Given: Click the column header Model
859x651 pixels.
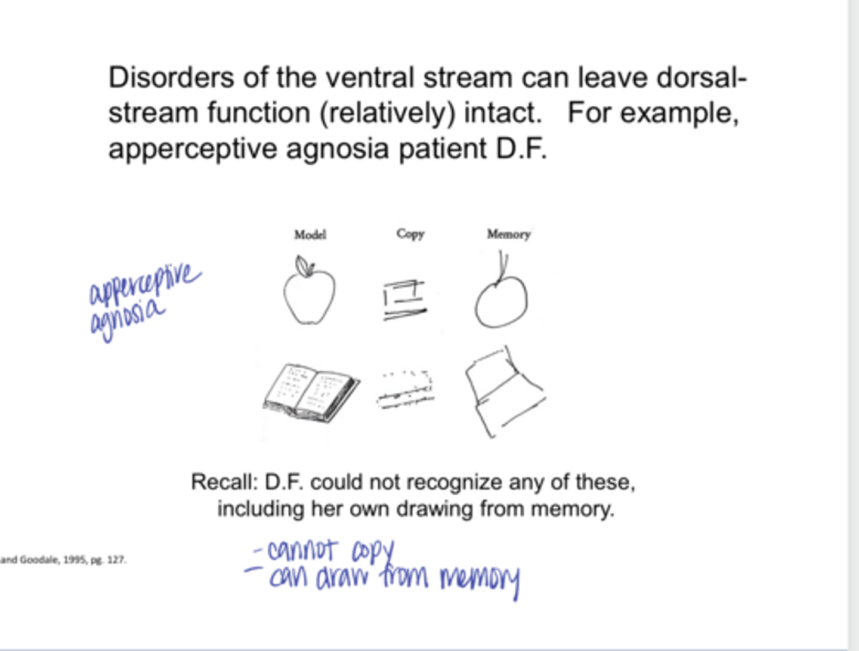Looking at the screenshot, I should tap(310, 235).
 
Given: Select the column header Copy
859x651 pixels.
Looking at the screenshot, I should tap(410, 233).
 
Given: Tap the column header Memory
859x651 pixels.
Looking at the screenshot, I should tap(508, 234).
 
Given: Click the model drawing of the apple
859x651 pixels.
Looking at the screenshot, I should tap(309, 295).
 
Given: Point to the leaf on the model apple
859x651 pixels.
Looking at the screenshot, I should tap(304, 266).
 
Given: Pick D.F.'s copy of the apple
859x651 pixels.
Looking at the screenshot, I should tap(404, 300).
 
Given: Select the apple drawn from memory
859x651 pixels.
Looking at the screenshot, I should tap(501, 301).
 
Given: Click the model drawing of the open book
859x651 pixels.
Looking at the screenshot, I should tap(311, 393).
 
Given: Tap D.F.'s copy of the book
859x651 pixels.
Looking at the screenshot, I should tap(406, 390).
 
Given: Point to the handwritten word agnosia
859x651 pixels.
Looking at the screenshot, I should tap(126, 319).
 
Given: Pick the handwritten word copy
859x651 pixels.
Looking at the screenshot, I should tap(373, 552).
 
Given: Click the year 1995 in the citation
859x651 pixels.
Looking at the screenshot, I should tap(75, 560).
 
